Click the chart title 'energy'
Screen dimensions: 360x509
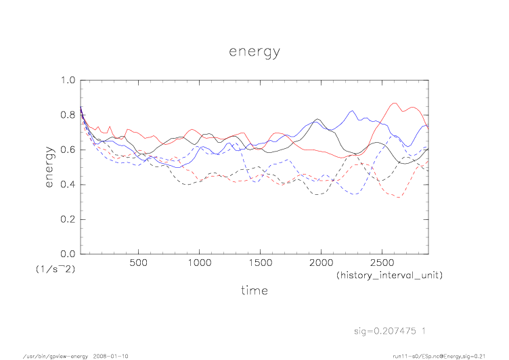tap(255, 52)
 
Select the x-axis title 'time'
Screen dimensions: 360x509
tap(255, 290)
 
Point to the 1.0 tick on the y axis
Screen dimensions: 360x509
tap(68, 80)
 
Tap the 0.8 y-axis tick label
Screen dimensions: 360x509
tap(68, 115)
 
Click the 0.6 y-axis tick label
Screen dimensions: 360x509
tap(68, 150)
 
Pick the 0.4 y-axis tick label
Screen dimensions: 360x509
tap(68, 185)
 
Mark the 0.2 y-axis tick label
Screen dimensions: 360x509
tap(68, 219)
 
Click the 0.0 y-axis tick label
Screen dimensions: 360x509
tap(68, 254)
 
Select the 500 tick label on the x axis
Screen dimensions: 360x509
tap(138, 263)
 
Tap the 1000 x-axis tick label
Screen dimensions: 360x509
tap(199, 263)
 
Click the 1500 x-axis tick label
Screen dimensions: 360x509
tap(260, 263)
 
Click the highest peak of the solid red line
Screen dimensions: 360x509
tap(395, 103)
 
